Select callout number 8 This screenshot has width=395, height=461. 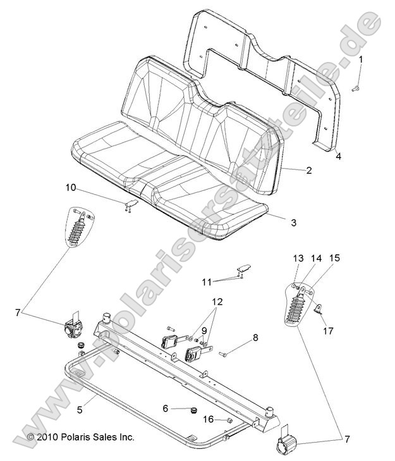click(255, 338)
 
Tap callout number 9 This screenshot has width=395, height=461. click(204, 330)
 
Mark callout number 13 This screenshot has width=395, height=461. click(279, 258)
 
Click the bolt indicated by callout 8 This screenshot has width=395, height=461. click(225, 354)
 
